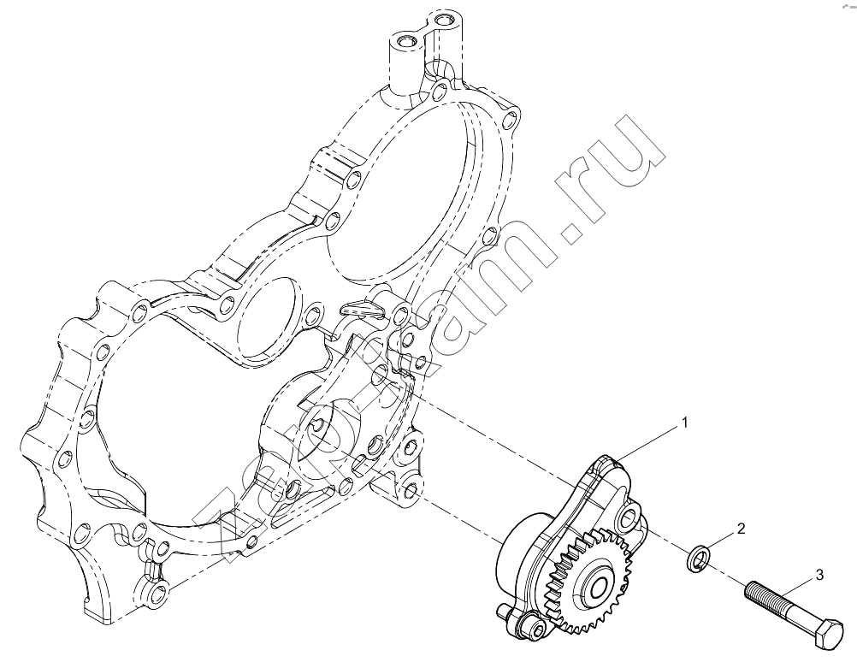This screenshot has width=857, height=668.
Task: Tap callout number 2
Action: click(x=742, y=529)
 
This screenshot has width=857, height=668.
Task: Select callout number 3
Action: click(x=819, y=575)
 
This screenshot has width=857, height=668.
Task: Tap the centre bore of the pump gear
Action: click(x=599, y=586)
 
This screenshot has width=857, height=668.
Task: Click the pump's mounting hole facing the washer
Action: click(x=630, y=516)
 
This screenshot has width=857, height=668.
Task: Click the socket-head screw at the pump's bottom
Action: click(x=534, y=625)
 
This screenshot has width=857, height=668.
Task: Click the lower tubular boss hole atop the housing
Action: click(x=406, y=41)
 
